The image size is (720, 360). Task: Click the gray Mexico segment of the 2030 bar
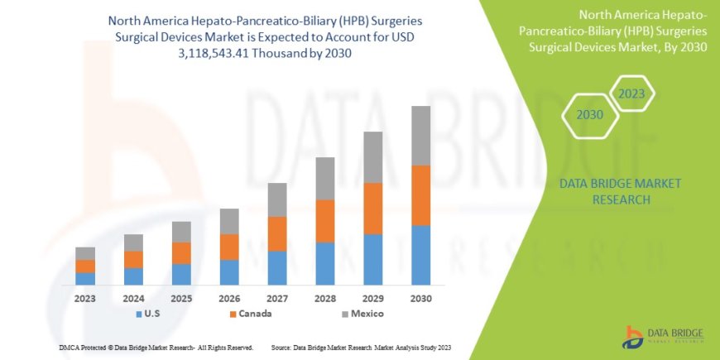click(x=420, y=136)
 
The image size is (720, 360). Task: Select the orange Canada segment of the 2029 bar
click(x=372, y=209)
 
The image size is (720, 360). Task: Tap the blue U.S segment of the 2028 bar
click(x=324, y=263)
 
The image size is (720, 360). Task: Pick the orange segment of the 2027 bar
click(x=276, y=233)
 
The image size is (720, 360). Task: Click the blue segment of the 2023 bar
click(x=85, y=279)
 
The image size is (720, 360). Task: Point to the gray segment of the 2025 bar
click(x=181, y=232)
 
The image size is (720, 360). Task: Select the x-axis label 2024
click(x=133, y=298)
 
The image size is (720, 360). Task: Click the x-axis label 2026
click(x=229, y=298)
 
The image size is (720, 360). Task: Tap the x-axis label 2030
click(x=420, y=298)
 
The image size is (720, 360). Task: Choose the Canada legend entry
click(x=250, y=314)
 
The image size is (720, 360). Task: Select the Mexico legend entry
click(x=362, y=314)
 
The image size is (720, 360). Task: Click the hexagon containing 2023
click(x=632, y=94)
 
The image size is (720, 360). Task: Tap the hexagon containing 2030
click(x=589, y=115)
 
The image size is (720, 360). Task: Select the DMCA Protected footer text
click(x=156, y=347)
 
